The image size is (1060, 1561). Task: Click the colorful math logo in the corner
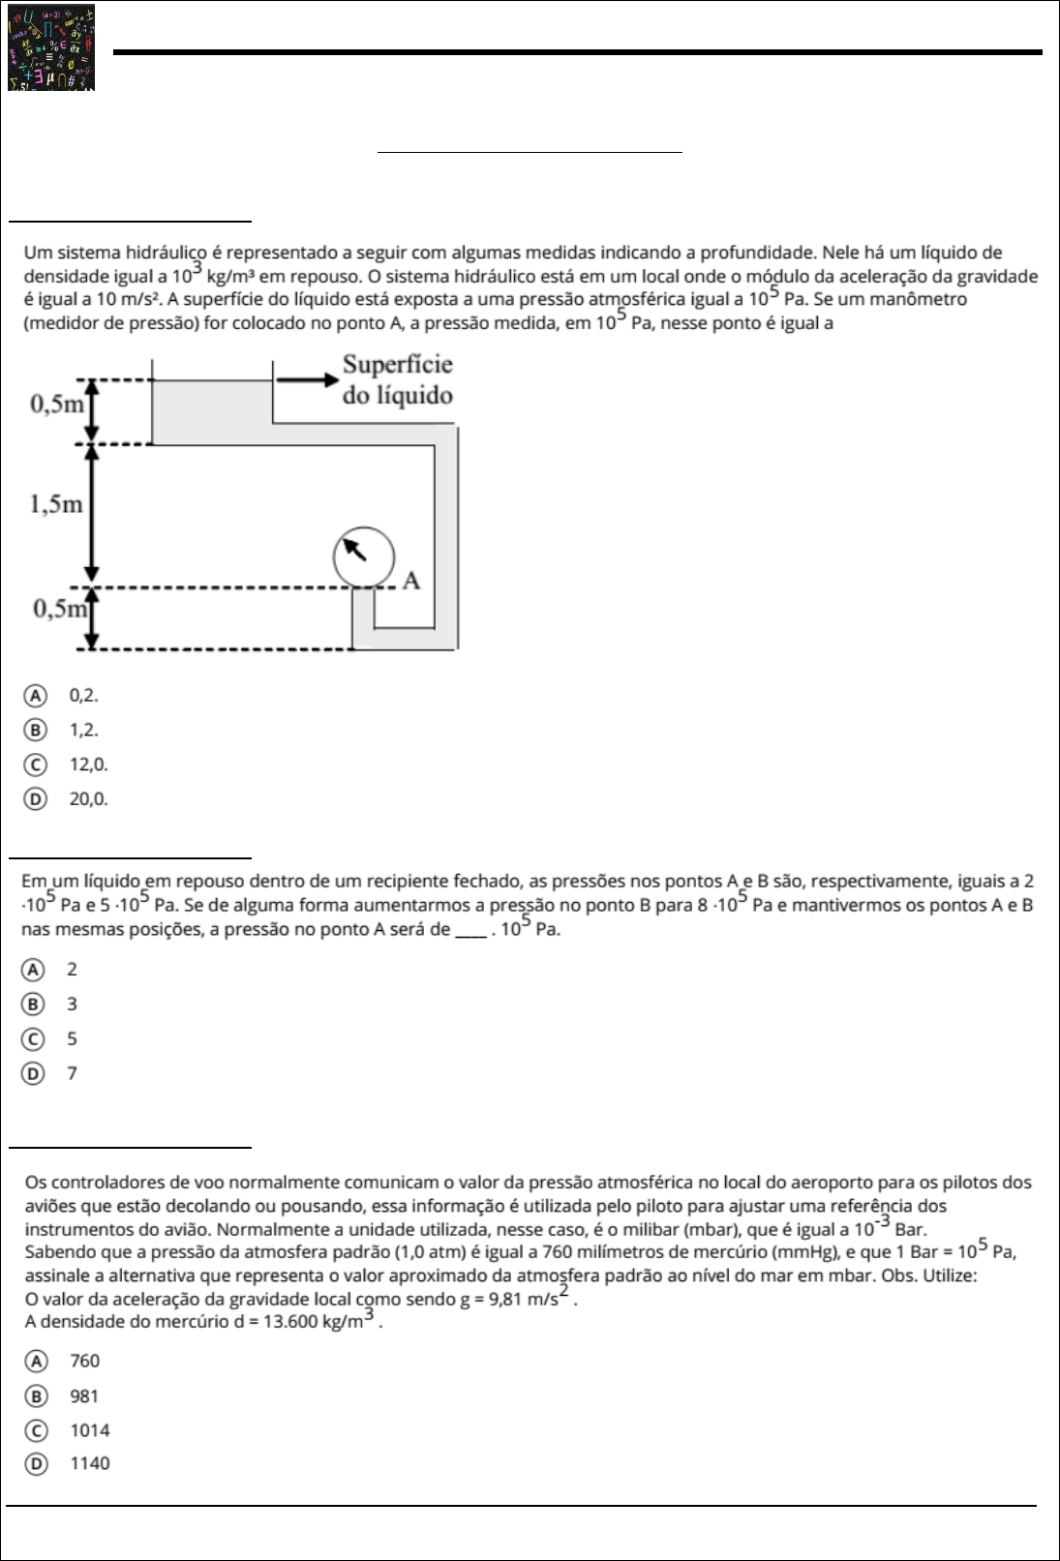coord(52,47)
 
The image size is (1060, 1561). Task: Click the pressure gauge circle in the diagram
coord(364,556)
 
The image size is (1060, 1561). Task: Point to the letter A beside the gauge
coord(411,581)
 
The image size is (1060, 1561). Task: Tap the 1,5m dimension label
coord(56,504)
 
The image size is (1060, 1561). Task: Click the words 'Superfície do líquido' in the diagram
coord(397,380)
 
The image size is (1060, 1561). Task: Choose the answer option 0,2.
coord(83,695)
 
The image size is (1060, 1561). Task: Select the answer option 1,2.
coord(83,730)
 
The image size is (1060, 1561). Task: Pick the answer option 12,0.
coord(88,765)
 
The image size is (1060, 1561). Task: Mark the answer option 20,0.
coord(88,799)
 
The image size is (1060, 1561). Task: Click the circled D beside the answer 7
coord(34,1073)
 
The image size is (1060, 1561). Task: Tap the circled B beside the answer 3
coord(34,1005)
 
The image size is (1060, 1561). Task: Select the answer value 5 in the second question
coord(72,1039)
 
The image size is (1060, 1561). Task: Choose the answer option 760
coord(85,1362)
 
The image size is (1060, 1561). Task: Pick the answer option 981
coord(84,1396)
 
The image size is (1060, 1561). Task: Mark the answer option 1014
coord(90,1430)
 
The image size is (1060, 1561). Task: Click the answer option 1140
coord(90,1464)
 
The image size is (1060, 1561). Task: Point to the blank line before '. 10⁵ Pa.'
coord(470,931)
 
